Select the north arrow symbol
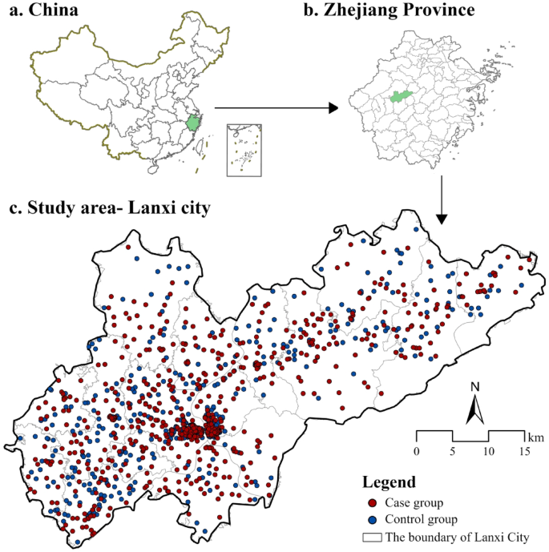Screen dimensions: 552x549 474,410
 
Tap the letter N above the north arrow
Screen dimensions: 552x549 474,387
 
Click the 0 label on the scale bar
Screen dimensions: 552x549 416,452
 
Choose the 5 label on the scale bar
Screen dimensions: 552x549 453,452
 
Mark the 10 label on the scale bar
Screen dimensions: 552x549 489,452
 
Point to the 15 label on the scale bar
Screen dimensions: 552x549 525,452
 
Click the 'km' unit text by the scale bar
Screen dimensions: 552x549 535,437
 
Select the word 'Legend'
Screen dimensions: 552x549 389,482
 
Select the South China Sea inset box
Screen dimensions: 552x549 244,149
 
